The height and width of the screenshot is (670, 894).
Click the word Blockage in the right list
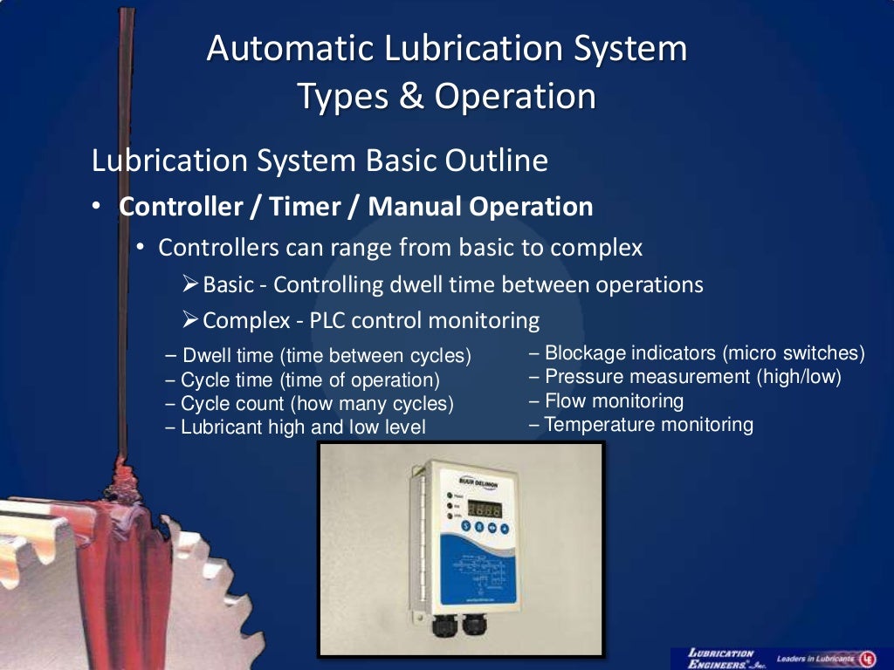tap(586, 353)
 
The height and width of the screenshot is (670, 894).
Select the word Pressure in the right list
tap(584, 377)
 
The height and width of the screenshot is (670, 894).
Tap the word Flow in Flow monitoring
tap(564, 401)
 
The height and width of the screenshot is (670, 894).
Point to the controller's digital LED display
tap(483, 509)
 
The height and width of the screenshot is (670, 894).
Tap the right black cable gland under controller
tap(477, 626)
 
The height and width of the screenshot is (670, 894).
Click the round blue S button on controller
tap(467, 527)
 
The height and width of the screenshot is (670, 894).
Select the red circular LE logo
tap(869, 659)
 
